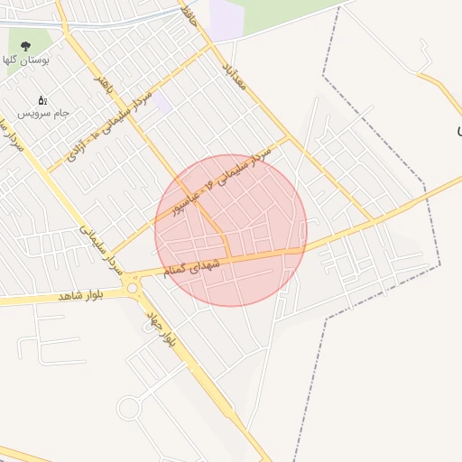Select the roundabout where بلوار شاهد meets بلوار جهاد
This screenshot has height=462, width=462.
(x=134, y=287)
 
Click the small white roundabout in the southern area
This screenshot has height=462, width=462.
(x=129, y=408)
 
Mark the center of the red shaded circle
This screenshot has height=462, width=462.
(x=231, y=231)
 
